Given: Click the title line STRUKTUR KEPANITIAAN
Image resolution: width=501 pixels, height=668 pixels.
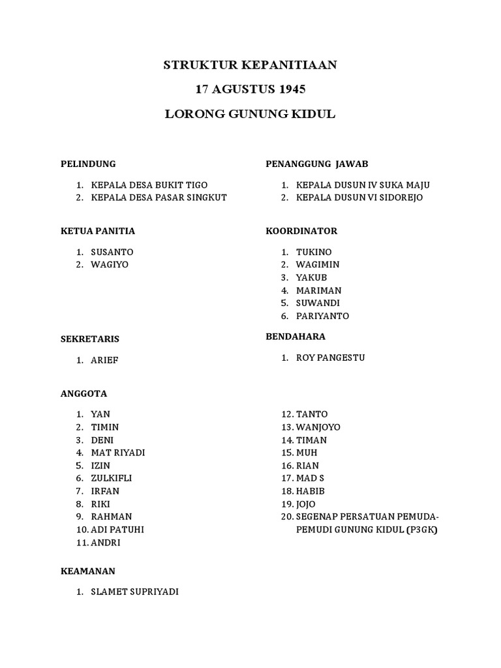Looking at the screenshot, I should click(x=250, y=65).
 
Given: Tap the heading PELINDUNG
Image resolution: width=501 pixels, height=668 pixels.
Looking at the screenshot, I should click(x=88, y=164).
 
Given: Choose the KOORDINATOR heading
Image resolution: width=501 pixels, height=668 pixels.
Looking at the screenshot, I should click(x=301, y=231).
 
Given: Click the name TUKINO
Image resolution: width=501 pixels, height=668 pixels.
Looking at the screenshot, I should click(x=314, y=252).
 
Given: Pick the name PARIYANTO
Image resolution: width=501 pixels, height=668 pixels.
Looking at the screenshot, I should click(x=322, y=316).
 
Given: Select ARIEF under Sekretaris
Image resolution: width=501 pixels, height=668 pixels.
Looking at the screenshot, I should click(x=105, y=360).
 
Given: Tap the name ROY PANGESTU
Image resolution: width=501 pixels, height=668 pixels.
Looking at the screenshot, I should click(x=330, y=357).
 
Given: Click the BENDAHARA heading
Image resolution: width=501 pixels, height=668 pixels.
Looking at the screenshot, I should click(x=296, y=337).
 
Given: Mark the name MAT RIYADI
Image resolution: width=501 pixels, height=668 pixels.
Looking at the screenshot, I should click(x=118, y=453).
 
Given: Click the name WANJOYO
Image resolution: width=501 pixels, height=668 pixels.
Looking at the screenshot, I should click(x=318, y=427).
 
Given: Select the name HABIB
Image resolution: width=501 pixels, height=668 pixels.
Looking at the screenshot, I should click(x=310, y=491).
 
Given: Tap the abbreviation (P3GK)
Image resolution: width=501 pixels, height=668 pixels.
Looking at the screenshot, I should click(x=422, y=530).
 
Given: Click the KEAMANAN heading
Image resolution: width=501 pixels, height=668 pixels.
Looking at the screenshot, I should click(x=87, y=571).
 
